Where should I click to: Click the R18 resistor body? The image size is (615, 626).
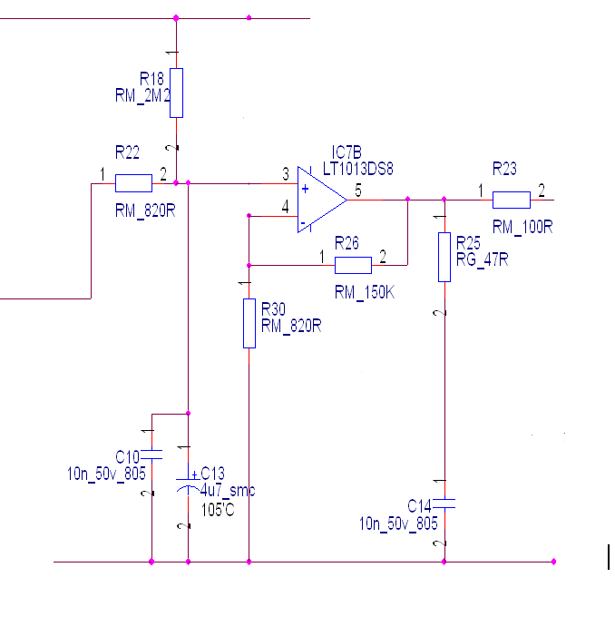[x=176, y=93]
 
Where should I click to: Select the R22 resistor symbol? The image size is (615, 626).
[x=133, y=183]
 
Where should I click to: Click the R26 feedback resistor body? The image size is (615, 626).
[x=353, y=265]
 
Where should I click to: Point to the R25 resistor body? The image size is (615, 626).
[x=444, y=257]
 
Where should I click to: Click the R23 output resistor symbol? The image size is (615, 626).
[x=512, y=200]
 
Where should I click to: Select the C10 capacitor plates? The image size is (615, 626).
[x=151, y=453]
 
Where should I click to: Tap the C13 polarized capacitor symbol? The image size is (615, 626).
[x=189, y=484]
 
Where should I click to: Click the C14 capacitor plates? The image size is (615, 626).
[x=444, y=502]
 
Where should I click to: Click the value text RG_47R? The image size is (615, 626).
[x=482, y=259]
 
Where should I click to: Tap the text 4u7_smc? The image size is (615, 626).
[x=229, y=491]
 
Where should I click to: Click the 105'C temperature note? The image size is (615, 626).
[x=218, y=509]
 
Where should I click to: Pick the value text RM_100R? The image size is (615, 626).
[x=522, y=226]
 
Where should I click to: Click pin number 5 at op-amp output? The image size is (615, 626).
[x=357, y=189]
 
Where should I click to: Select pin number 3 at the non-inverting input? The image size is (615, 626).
[x=286, y=173]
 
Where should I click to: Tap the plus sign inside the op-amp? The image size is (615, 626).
[x=305, y=190]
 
